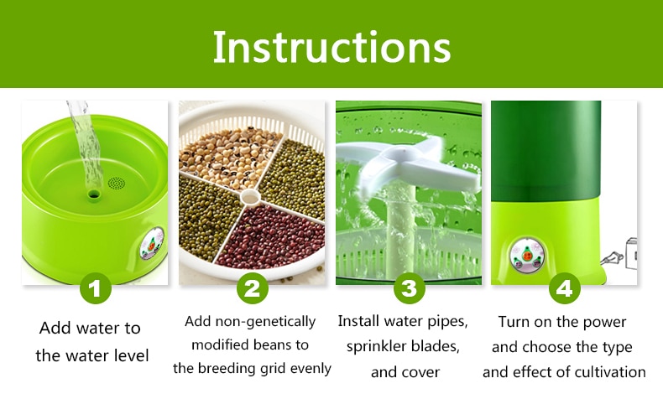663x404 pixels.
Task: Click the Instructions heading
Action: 332,47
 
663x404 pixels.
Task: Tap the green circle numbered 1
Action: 95,288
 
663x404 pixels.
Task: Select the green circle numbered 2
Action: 253,288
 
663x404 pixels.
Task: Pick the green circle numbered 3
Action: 409,288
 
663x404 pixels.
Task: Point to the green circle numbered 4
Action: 565,288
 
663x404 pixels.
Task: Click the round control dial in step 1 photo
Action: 151,245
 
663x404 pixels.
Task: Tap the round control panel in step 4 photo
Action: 526,255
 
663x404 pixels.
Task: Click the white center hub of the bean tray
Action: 249,197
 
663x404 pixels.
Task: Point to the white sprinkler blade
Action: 409,163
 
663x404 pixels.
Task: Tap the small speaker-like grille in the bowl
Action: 117,184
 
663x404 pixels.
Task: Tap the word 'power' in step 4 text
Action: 604,323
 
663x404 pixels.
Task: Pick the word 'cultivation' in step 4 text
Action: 610,372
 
